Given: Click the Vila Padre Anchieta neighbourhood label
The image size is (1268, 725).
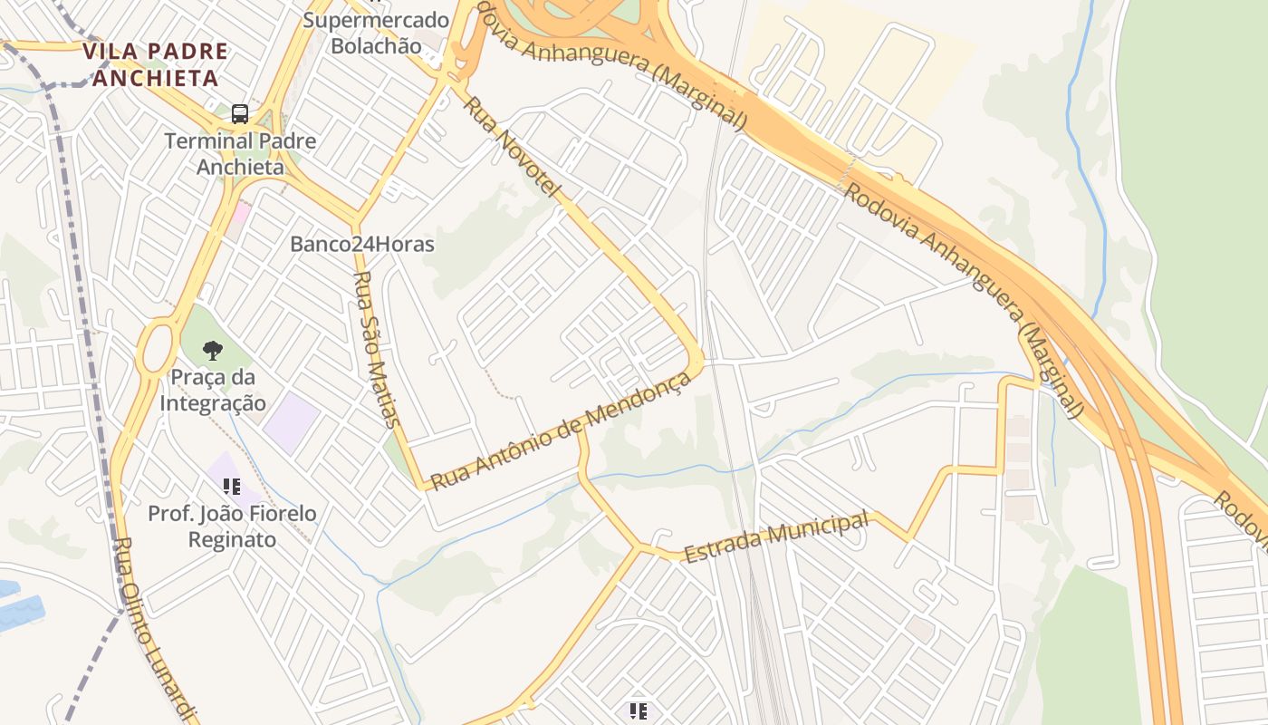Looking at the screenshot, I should pyautogui.click(x=155, y=64).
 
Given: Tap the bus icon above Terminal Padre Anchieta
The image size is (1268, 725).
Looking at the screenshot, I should pyautogui.click(x=240, y=114).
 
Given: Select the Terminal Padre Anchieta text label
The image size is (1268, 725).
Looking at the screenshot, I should pyautogui.click(x=240, y=154).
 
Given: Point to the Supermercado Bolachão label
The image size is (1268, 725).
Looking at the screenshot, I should pyautogui.click(x=376, y=33).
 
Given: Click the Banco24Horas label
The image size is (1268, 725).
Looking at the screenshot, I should pyautogui.click(x=362, y=244).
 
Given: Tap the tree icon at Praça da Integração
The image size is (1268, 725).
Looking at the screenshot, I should pyautogui.click(x=213, y=350).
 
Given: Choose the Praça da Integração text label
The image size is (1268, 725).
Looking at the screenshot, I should pyautogui.click(x=214, y=390).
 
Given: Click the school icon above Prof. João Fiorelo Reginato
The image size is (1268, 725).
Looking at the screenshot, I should pyautogui.click(x=232, y=487).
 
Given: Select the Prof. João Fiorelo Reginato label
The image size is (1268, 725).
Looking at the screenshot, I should pyautogui.click(x=233, y=527).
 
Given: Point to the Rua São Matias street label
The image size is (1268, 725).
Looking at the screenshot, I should pyautogui.click(x=376, y=349).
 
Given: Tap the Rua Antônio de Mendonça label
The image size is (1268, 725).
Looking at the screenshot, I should pyautogui.click(x=561, y=430).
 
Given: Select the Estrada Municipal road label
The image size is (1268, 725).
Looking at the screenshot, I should pyautogui.click(x=776, y=536).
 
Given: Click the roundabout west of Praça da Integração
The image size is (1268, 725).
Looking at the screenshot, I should pyautogui.click(x=155, y=345).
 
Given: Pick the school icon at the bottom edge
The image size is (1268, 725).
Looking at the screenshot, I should pyautogui.click(x=639, y=711).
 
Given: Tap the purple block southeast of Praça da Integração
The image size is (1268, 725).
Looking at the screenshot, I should pyautogui.click(x=291, y=422).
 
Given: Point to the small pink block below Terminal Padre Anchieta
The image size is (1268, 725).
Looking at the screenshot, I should pyautogui.click(x=239, y=214).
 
